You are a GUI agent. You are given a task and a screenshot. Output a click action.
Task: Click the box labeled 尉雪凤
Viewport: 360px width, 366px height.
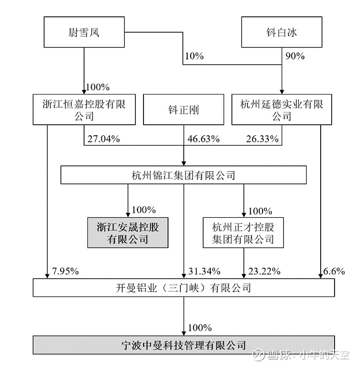point(84,32)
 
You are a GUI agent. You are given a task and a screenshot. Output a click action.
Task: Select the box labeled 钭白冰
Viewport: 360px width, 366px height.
point(281,32)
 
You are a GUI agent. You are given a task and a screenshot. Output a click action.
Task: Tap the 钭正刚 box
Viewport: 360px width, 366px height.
point(183,109)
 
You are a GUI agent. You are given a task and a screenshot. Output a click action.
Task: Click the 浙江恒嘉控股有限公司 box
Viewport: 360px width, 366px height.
point(84,109)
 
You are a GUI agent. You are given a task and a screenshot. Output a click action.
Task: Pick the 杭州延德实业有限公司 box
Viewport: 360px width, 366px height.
point(281,109)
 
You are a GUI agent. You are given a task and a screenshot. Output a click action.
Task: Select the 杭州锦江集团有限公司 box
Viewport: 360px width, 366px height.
point(183,175)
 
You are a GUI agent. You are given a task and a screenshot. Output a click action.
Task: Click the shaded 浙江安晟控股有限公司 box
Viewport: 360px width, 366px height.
point(128,233)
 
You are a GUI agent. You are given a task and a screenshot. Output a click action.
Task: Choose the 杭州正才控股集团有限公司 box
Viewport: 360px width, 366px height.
point(243,233)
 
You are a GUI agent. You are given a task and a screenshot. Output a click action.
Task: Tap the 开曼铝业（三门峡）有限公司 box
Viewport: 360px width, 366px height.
point(184,288)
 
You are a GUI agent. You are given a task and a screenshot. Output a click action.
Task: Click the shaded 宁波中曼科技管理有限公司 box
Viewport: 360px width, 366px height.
point(184,345)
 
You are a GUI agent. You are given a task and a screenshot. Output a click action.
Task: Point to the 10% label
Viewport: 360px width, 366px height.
point(194,56)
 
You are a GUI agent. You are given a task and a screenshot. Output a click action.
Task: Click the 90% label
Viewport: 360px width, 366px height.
point(295,56)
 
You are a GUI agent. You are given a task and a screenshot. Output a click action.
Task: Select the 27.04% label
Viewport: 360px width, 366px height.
point(104,139)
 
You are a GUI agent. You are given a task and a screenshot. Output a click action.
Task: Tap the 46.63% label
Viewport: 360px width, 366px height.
point(204,139)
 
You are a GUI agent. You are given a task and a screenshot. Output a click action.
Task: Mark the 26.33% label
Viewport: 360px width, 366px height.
point(262,139)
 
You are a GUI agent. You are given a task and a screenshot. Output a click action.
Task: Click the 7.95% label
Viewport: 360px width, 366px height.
point(65,271)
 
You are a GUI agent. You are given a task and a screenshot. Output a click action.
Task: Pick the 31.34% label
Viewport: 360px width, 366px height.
point(204,271)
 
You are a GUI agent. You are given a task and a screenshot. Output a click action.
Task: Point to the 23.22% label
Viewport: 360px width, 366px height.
point(264,271)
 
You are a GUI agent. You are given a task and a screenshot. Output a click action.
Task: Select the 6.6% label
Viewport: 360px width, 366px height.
point(334,271)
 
